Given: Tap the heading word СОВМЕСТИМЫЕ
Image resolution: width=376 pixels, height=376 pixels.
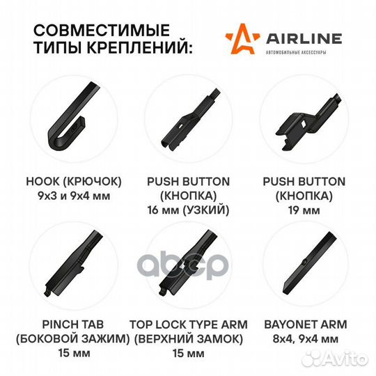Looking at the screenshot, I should [102, 31].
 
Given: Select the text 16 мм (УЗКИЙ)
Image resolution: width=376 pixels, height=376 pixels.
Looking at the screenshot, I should [187, 209].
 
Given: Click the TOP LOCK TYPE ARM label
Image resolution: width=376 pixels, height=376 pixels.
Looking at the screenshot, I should [187, 324].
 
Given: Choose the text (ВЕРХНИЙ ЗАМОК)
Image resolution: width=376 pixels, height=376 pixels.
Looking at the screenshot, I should [187, 339].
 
